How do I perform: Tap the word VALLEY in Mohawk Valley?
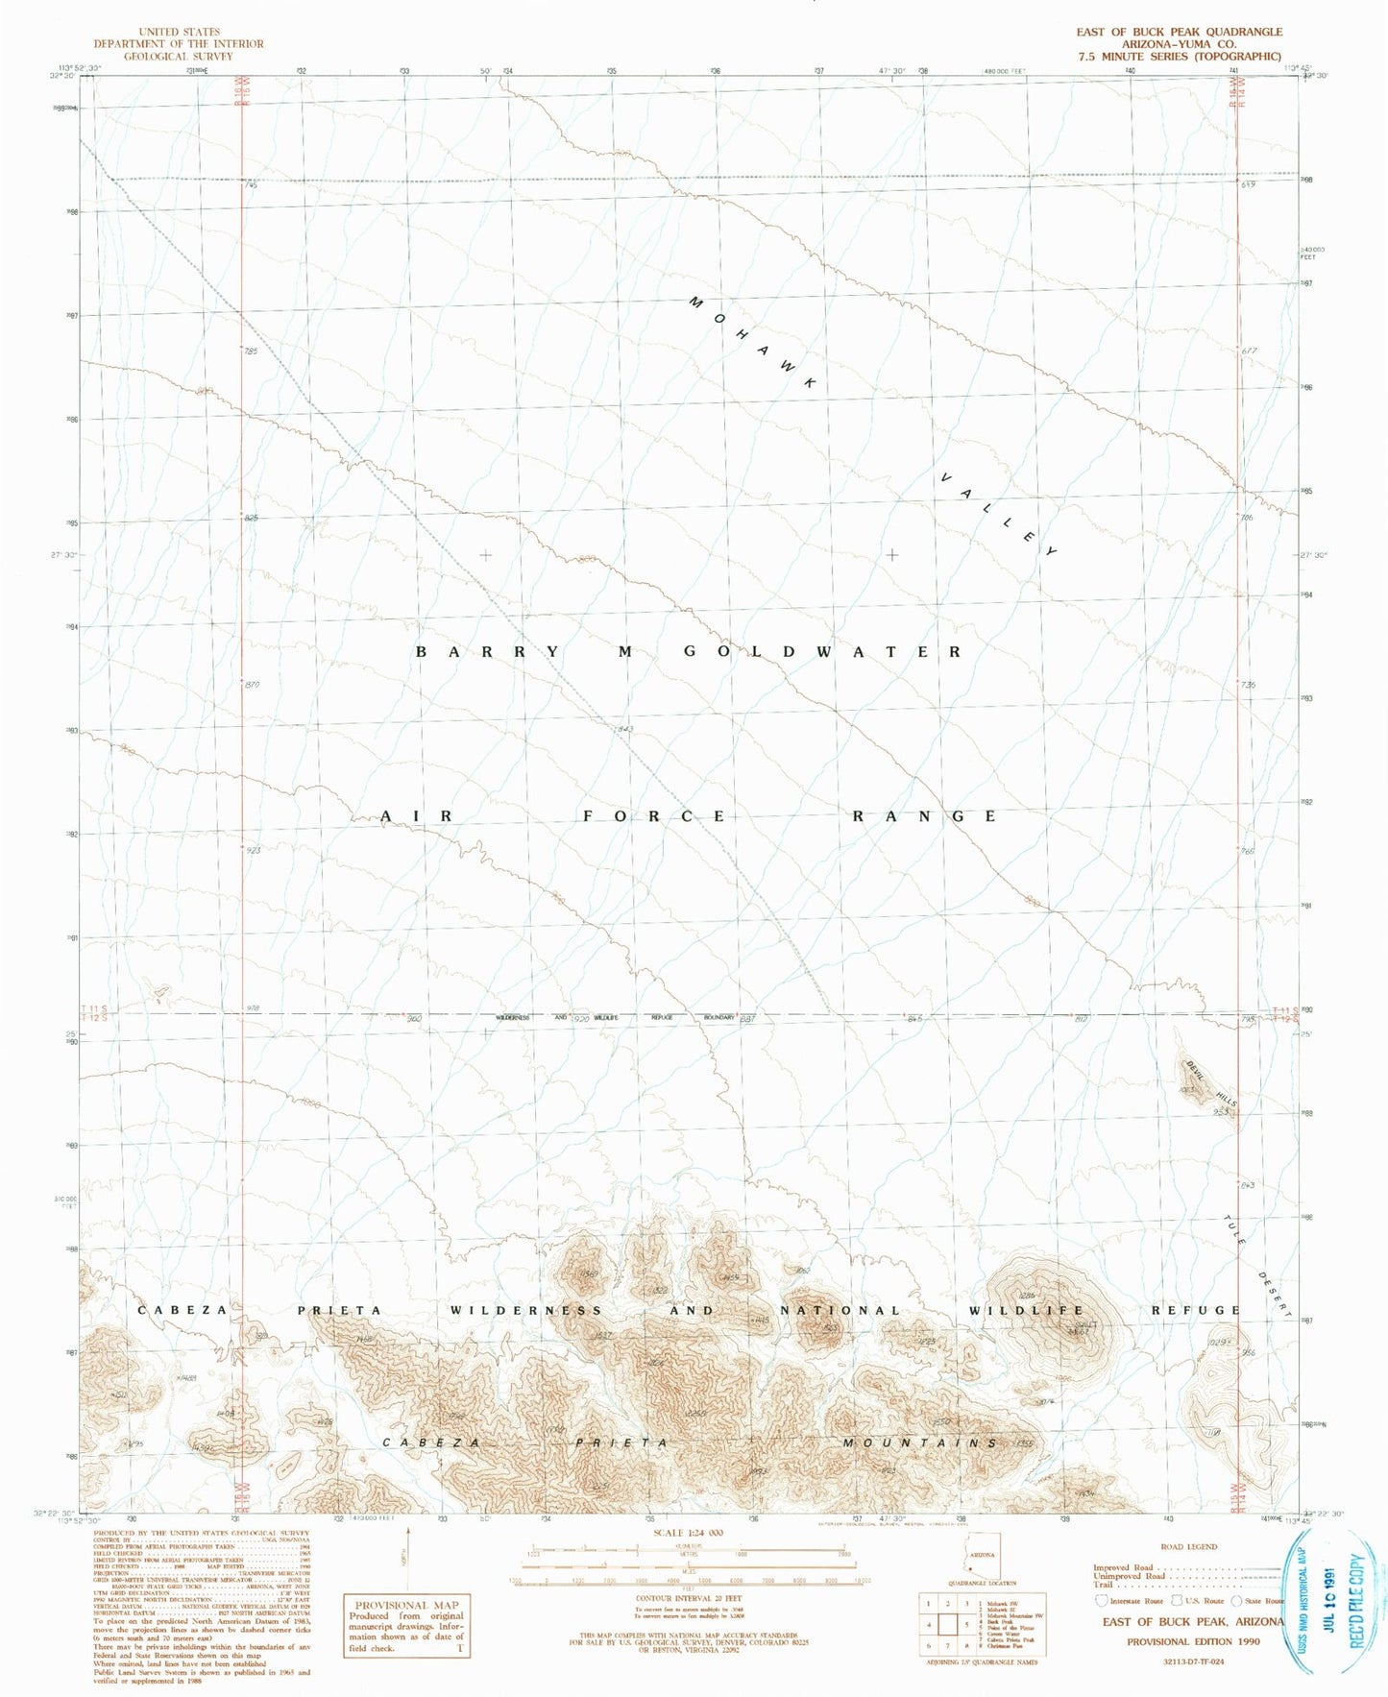(x=999, y=515)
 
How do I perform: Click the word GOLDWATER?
(x=822, y=652)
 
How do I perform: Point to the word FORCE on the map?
(x=655, y=816)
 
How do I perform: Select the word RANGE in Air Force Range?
(x=926, y=816)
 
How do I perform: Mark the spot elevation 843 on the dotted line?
(x=626, y=730)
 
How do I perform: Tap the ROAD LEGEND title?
(x=1188, y=1547)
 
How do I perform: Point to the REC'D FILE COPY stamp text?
(x=1357, y=1602)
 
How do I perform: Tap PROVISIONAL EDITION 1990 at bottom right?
(x=1193, y=1641)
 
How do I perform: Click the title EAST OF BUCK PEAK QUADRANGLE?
(x=1179, y=32)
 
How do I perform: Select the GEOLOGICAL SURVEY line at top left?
(x=178, y=56)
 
